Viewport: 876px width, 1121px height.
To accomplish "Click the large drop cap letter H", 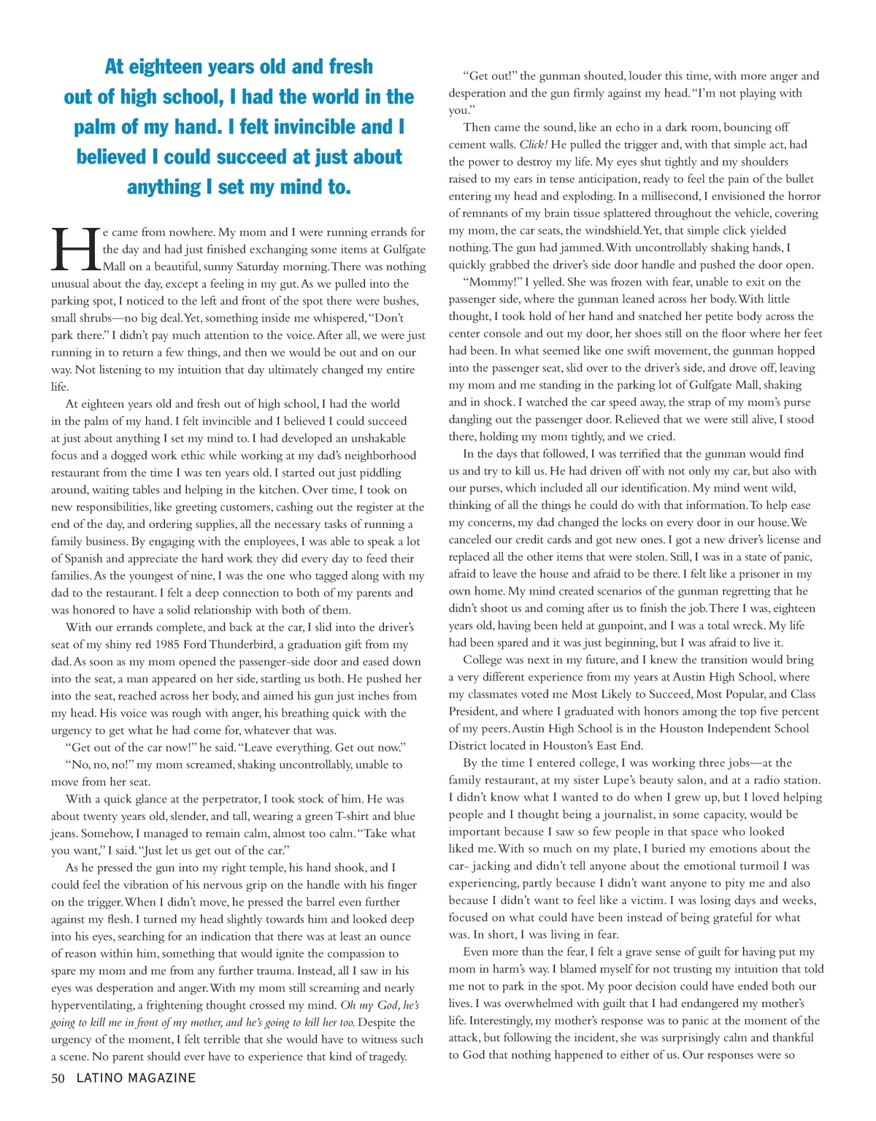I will tap(75, 249).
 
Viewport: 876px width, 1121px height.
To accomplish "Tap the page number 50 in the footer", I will tap(58, 1078).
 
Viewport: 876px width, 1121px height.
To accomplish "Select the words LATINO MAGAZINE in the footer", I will tap(137, 1078).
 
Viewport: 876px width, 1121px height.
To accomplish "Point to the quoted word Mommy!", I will tap(493, 282).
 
